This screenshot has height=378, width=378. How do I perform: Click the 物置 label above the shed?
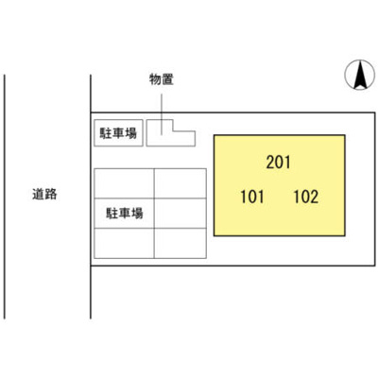162,79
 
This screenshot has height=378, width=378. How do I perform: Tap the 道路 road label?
44,194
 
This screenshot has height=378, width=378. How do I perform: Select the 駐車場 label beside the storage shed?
118,133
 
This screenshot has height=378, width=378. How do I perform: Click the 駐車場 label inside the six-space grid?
124,214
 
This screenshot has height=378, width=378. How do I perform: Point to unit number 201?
278,163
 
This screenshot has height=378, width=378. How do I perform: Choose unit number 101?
252,197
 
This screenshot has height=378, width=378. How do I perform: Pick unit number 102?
306,197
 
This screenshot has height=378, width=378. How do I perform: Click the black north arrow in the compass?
360,75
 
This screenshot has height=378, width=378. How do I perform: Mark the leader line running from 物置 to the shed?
162,114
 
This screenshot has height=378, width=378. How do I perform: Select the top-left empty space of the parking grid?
124,183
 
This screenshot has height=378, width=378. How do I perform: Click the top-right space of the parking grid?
180,183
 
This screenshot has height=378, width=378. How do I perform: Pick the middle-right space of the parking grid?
180,214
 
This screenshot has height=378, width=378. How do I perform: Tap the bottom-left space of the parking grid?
124,243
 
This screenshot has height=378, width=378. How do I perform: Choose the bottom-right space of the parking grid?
180,243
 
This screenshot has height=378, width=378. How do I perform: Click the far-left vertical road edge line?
5,197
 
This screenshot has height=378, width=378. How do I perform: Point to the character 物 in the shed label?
155,79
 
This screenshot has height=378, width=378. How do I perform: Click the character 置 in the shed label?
167,79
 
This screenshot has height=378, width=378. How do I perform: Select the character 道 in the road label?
39,194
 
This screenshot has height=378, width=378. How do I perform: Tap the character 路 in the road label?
51,194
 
